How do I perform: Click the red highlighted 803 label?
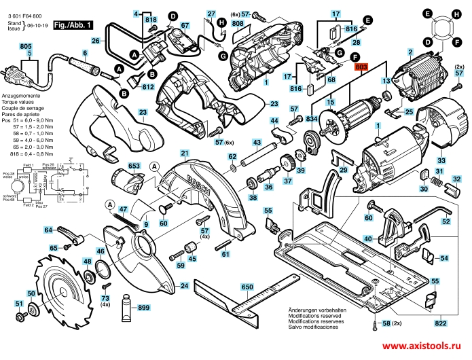[x=361, y=67]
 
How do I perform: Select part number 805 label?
[x=26, y=46]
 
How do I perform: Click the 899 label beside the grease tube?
[x=143, y=308]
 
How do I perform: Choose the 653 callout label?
[x=134, y=166]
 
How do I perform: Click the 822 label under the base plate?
[x=440, y=324]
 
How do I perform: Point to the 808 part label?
[x=237, y=23]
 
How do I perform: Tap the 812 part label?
[x=148, y=87]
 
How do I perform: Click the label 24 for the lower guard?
[x=183, y=287]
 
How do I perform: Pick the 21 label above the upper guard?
[x=184, y=154]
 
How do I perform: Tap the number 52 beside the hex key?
[x=446, y=221]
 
